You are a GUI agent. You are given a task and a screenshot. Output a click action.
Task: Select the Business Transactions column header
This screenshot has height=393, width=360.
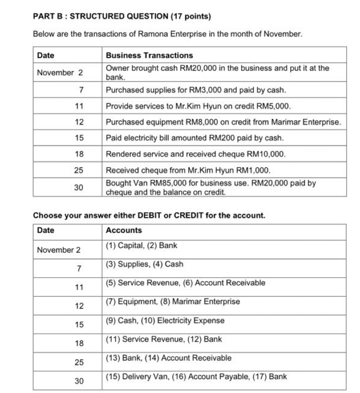pyautogui.click(x=149, y=55)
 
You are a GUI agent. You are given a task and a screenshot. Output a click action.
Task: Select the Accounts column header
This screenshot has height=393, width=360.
pyautogui.click(x=124, y=230)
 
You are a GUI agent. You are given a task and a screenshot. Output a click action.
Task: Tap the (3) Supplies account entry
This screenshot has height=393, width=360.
pyautogui.click(x=124, y=264)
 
